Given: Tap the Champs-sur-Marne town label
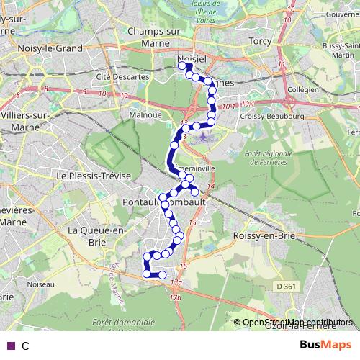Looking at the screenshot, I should point(155,37).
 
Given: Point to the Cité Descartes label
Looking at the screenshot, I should point(117,76).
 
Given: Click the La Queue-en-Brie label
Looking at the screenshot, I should point(96,235).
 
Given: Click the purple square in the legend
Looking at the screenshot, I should point(10,346).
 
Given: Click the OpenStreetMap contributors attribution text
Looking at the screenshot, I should point(297,323).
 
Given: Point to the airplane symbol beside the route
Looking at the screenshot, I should point(204,135).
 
